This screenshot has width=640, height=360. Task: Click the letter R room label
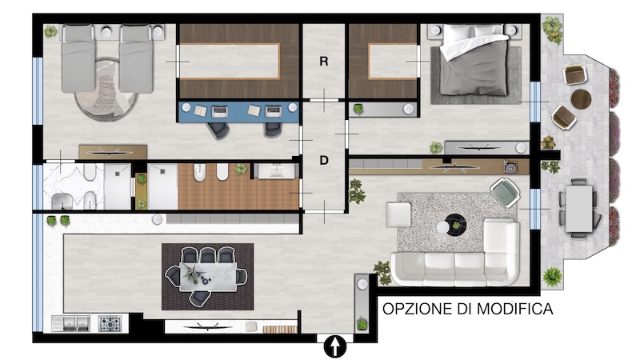click(x=324, y=62)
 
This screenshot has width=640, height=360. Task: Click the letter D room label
click(x=324, y=161)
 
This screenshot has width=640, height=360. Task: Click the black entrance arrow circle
click(x=334, y=347)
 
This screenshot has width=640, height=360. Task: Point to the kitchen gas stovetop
click(x=110, y=324)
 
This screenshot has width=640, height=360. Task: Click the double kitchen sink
click(x=71, y=323)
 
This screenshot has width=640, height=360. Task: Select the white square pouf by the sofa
click(x=398, y=214)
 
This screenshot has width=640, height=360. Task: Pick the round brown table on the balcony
click(x=581, y=99)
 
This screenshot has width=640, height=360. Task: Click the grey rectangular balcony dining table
click(x=578, y=209)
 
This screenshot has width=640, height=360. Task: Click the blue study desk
click(x=238, y=112)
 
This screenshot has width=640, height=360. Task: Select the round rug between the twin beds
click(x=107, y=90)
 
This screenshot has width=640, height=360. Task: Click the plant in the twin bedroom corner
click(x=50, y=31)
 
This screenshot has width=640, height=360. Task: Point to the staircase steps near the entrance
click(x=279, y=329)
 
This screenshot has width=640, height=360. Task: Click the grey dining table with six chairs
click(x=208, y=276)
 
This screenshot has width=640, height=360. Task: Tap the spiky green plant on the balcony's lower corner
click(x=552, y=276)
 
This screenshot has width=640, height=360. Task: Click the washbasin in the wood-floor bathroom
click(x=276, y=170)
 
